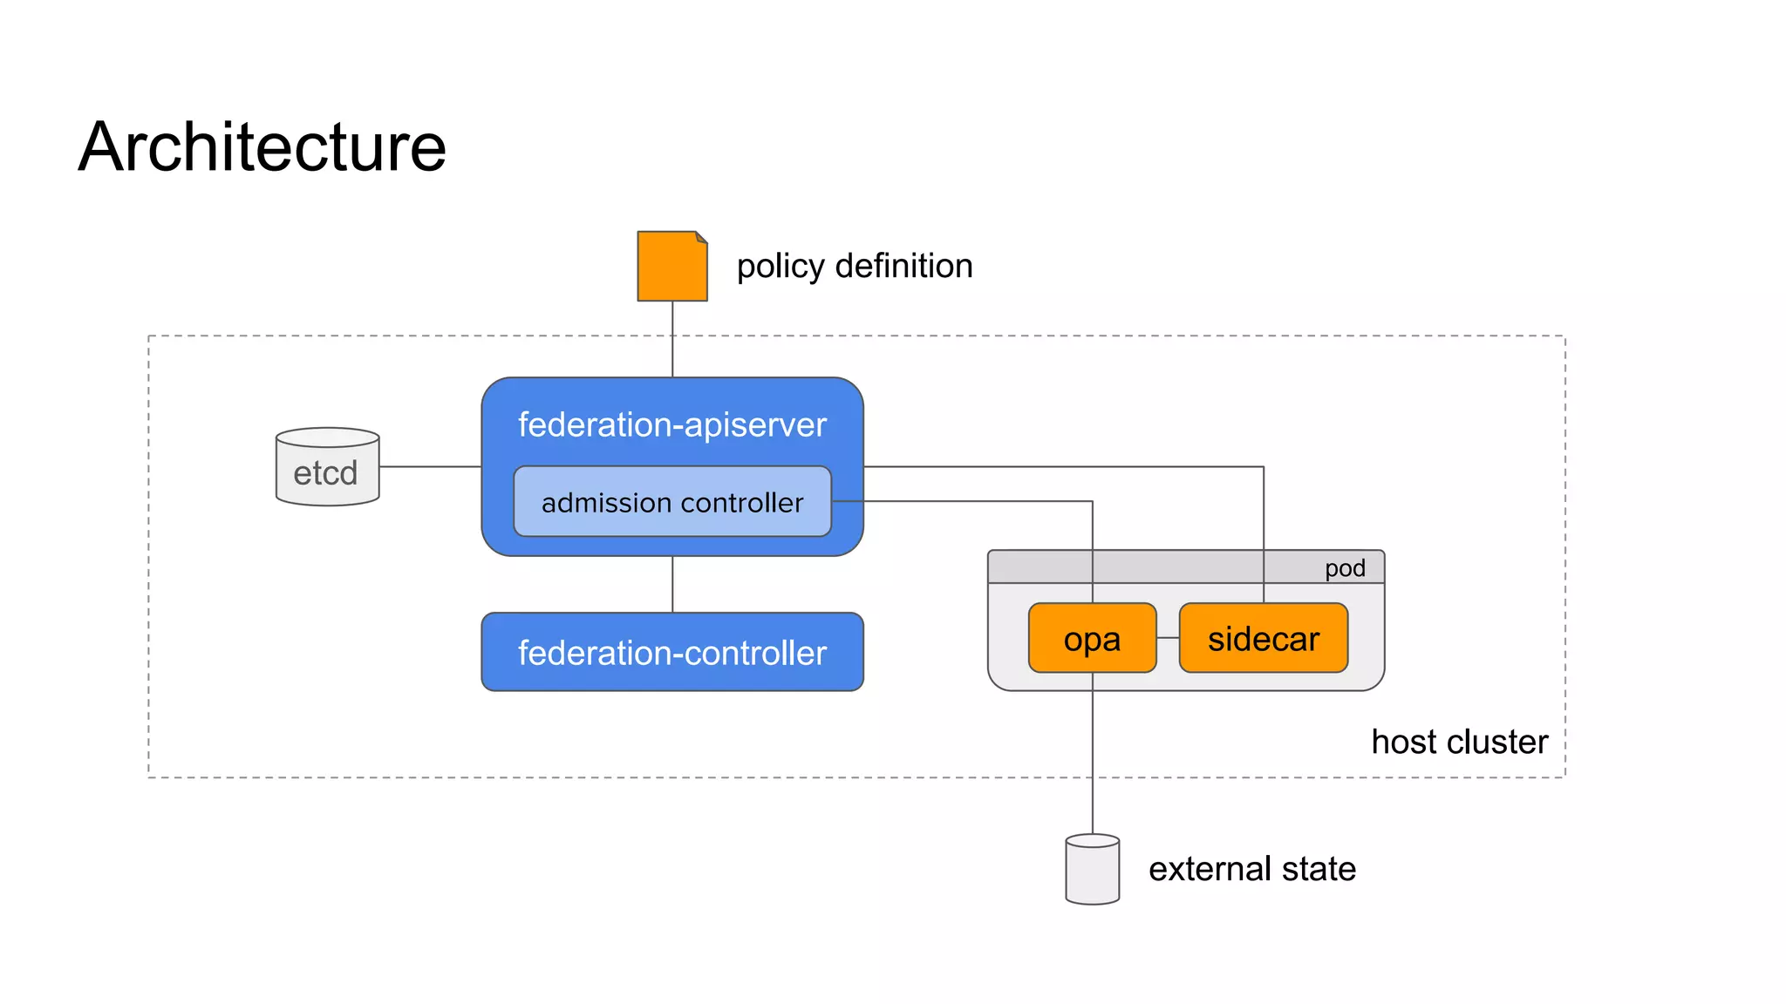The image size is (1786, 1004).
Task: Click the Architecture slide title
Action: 262,146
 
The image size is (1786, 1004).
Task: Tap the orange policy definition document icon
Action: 671,268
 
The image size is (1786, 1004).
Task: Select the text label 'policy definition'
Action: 854,266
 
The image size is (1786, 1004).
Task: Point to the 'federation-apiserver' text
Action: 671,424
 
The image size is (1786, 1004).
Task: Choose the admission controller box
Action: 671,502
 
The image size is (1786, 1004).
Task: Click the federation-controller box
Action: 671,652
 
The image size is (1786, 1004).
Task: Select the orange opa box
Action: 1092,639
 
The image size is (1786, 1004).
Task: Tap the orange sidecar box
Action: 1263,639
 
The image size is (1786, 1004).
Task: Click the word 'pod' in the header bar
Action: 1344,568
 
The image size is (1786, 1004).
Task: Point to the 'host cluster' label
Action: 1459,742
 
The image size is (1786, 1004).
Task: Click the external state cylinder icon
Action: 1092,872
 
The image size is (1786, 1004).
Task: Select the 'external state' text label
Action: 1251,869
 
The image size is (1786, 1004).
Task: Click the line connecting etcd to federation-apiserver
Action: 430,466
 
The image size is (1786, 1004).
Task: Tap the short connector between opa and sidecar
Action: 1168,638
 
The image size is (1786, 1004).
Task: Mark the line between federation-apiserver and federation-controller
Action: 672,584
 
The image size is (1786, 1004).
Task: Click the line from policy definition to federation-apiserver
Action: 672,340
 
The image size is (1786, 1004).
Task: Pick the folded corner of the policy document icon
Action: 702,236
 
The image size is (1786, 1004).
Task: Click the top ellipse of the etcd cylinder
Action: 327,437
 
